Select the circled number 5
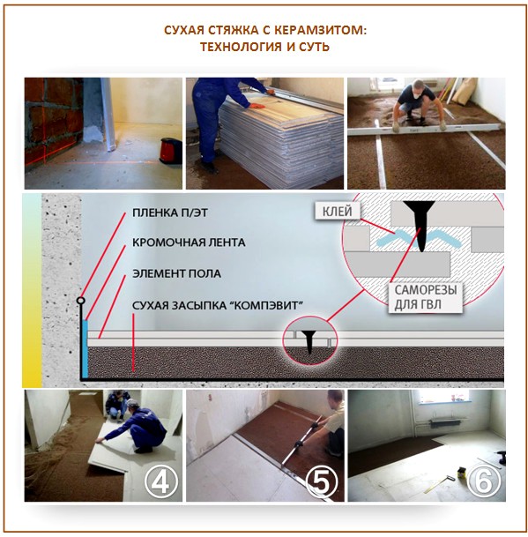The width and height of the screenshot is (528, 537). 322,481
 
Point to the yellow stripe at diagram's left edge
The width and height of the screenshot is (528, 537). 33,291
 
